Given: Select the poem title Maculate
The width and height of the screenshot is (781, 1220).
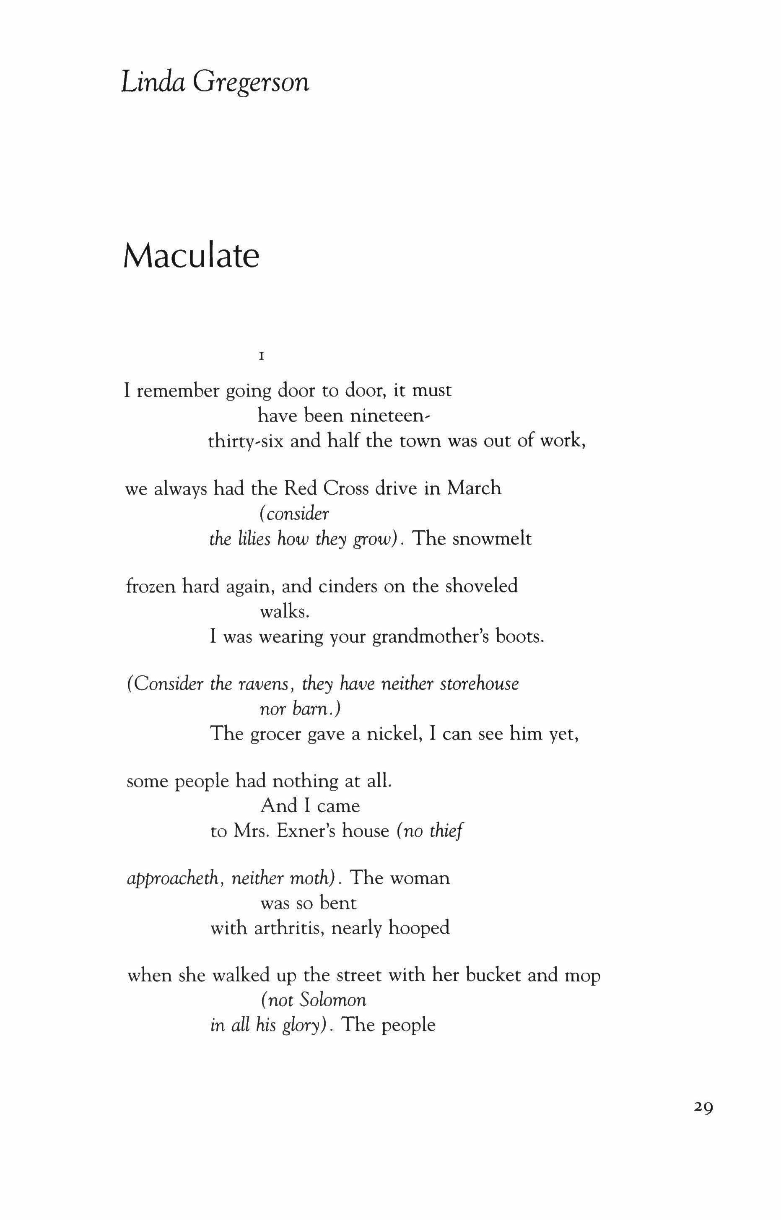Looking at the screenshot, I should click(x=191, y=256).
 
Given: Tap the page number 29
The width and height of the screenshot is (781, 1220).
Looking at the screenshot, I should click(x=703, y=1107).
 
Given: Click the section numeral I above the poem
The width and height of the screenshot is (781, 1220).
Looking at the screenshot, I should click(x=262, y=357).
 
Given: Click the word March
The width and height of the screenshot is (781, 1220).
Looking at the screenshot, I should click(x=474, y=488).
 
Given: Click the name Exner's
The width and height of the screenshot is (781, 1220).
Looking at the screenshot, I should click(x=305, y=831).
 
